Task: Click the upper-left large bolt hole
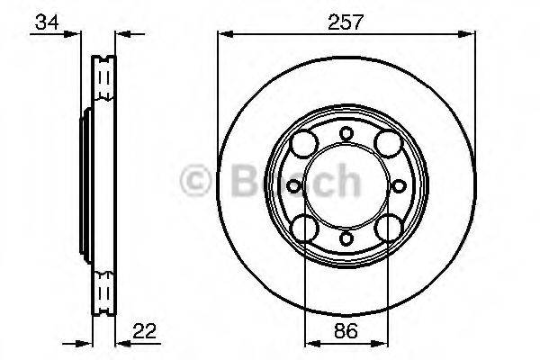[304, 141]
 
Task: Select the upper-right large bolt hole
[389, 141]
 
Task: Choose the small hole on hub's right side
[398, 184]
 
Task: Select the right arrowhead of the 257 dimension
[468, 35]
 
